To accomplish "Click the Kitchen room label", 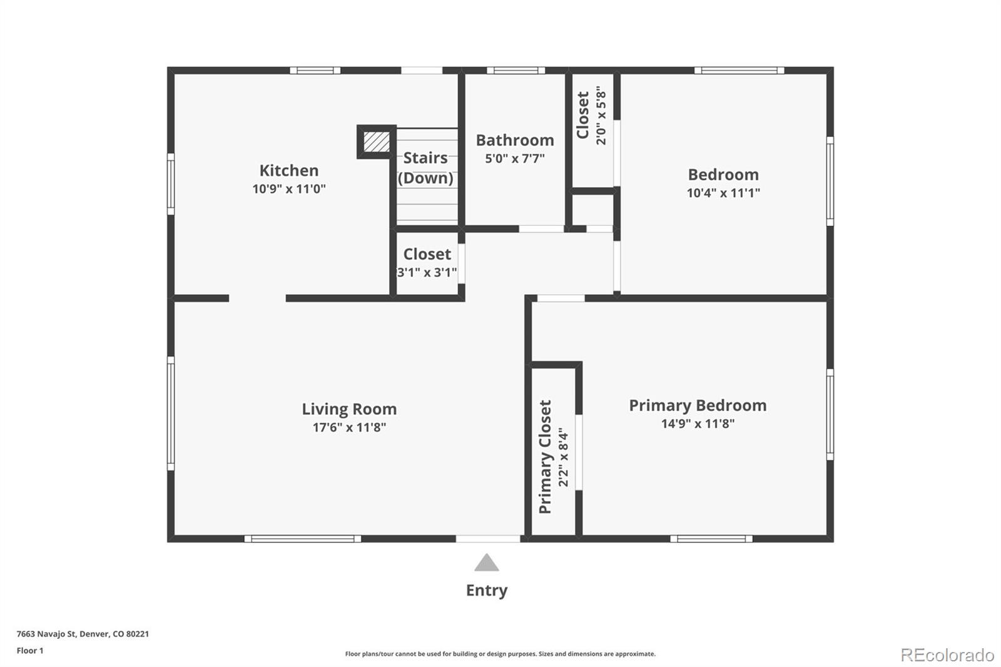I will pyautogui.click(x=288, y=170).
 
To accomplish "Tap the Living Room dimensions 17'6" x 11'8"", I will pyautogui.click(x=349, y=427).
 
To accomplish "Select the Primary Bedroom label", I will pyautogui.click(x=698, y=405).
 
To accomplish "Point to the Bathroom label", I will pyautogui.click(x=515, y=140).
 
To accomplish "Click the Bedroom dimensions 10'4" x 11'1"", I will pyautogui.click(x=723, y=193).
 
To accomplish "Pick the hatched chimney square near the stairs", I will pyautogui.click(x=377, y=141).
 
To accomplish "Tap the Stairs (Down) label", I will pyautogui.click(x=425, y=168).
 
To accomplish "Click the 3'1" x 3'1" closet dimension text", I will pyautogui.click(x=427, y=272).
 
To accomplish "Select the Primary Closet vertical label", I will pyautogui.click(x=546, y=457).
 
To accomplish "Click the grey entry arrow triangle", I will pyautogui.click(x=486, y=563).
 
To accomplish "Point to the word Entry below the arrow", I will pyautogui.click(x=486, y=590).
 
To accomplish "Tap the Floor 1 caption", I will pyautogui.click(x=30, y=651).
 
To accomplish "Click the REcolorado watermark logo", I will pyautogui.click(x=947, y=654).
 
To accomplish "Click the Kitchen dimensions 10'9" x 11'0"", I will pyautogui.click(x=288, y=188).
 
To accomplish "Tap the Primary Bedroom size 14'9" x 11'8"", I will pyautogui.click(x=698, y=424).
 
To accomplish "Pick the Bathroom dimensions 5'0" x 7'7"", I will pyautogui.click(x=515, y=158).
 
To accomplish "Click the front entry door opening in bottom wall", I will pyautogui.click(x=488, y=538).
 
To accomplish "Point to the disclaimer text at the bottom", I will pyautogui.click(x=500, y=654).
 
